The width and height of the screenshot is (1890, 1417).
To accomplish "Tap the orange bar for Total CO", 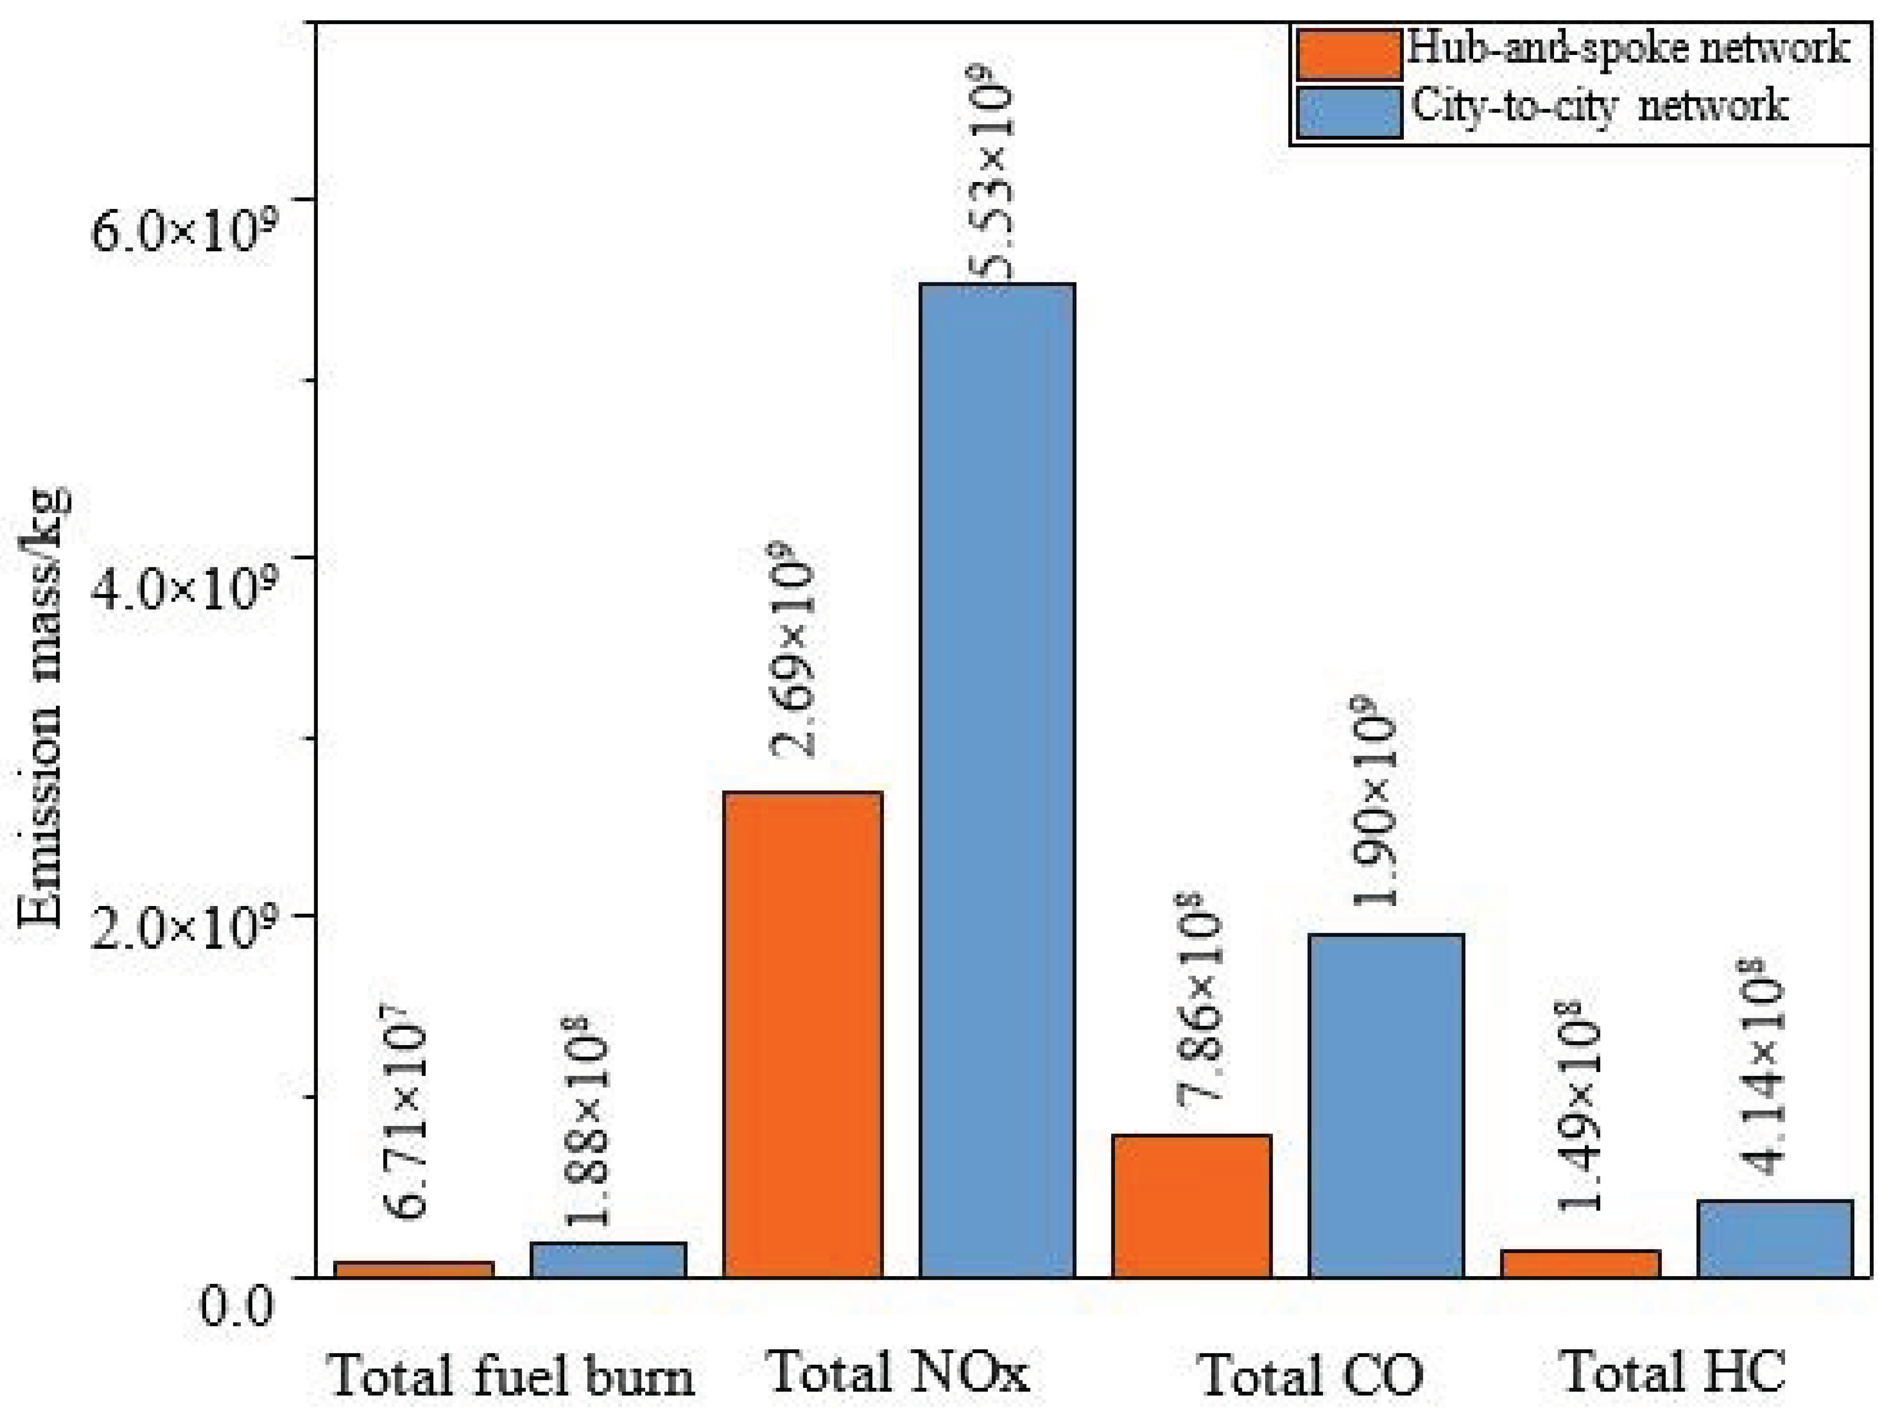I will (x=1191, y=1205).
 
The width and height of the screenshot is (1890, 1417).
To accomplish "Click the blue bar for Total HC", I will (x=1774, y=1239).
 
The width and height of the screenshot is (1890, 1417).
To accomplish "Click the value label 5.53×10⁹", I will (x=993, y=171).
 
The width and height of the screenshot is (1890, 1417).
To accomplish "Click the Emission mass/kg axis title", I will (x=43, y=709).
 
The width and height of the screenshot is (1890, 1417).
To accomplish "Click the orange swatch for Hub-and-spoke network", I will (x=1348, y=54).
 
